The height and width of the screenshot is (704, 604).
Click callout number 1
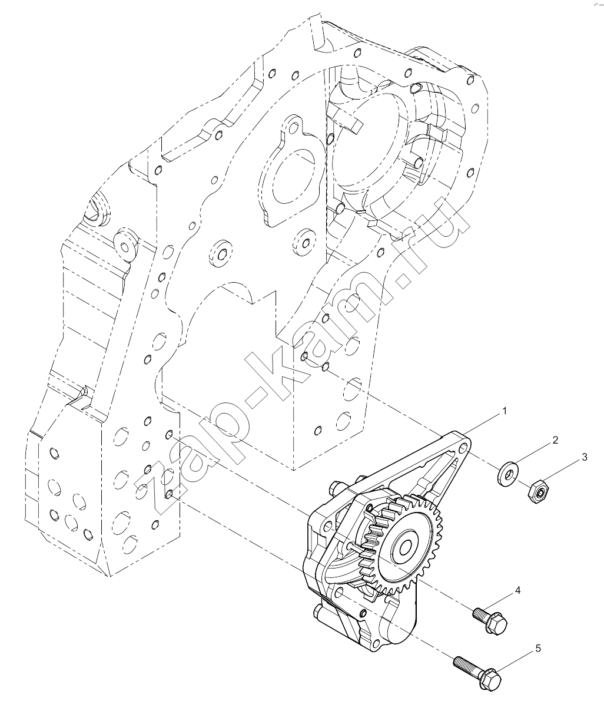coord(505,411)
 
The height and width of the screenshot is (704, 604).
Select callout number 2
coord(555,440)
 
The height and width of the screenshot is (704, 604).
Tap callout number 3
coord(584,457)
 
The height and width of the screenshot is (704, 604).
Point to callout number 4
coord(517,590)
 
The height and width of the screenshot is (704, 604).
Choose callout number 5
coord(538,648)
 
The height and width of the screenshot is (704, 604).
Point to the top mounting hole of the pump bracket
coord(463,448)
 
